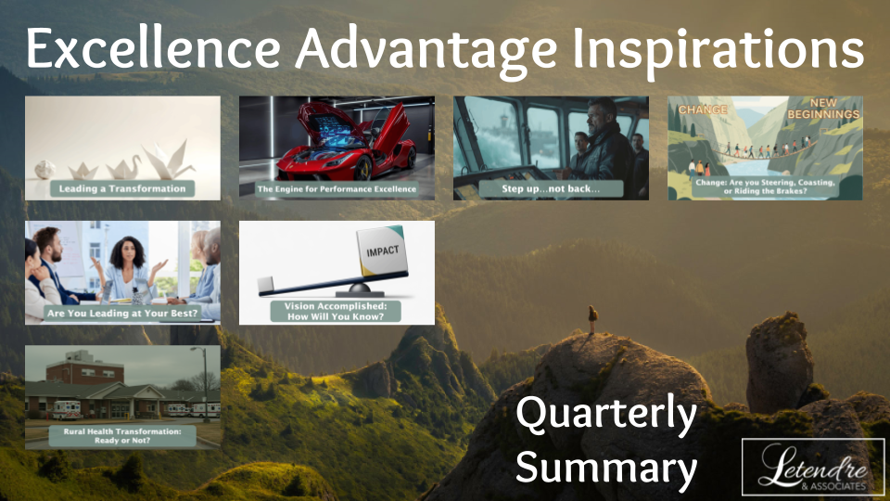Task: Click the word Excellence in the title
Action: coord(153,47)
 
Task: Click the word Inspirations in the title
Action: coord(718,50)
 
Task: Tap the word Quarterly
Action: coord(606,416)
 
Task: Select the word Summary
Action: coord(606,468)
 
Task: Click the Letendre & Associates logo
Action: coord(813,467)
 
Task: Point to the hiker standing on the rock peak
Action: coord(592,319)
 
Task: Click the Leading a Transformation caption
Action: coord(122,188)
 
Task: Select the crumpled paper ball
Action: coord(44,169)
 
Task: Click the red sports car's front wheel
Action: coord(363,168)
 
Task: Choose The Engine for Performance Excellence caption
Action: coord(337,188)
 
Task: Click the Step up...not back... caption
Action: coord(551,188)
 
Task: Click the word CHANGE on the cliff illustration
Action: coord(703,109)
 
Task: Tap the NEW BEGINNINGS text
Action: coord(823,108)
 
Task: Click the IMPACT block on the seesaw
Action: coord(381,251)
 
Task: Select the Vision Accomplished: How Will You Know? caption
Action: coord(336,312)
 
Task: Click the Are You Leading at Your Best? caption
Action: coord(122,313)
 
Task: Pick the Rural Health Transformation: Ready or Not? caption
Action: coord(122,436)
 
